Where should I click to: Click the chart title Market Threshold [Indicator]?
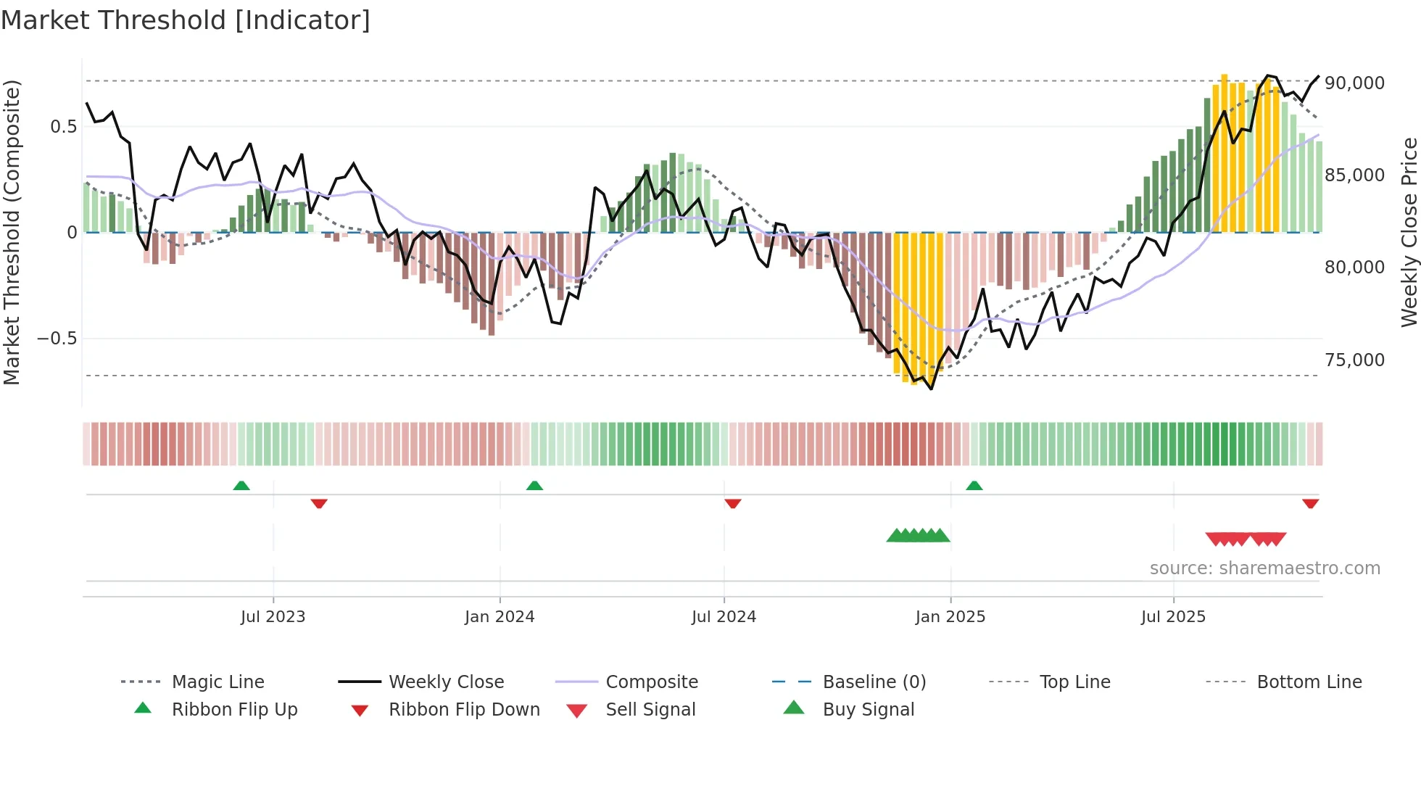point(186,20)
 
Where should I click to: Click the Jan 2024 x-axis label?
point(500,616)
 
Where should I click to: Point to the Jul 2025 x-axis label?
point(1173,616)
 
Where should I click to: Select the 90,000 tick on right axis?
point(1354,83)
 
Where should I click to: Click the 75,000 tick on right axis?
point(1354,360)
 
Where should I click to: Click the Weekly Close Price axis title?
point(1409,232)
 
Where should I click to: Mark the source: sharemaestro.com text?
point(1264,568)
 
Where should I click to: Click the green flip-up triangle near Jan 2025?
point(974,486)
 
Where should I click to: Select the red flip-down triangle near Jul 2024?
point(733,503)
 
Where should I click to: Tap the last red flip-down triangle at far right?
point(1310,503)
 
